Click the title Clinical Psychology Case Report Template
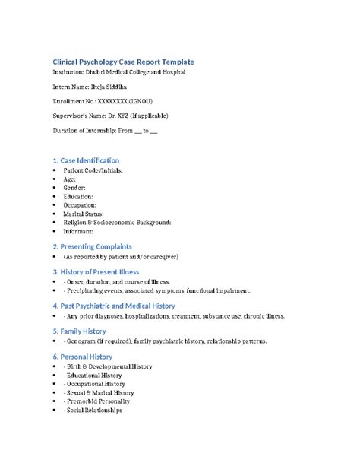(x=122, y=60)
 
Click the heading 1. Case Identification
(x=85, y=160)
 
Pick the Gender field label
(x=74, y=187)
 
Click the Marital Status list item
(x=84, y=213)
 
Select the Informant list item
(x=79, y=230)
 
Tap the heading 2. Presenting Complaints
(x=92, y=246)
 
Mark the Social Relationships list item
(x=96, y=410)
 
